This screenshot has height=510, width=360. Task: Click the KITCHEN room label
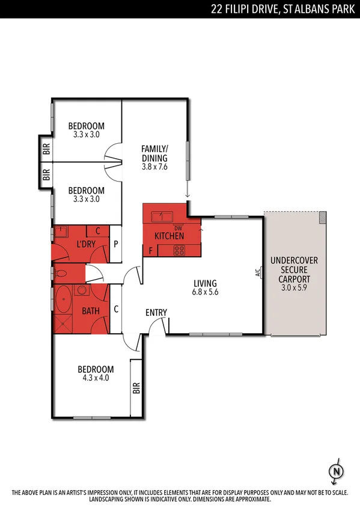(x=169, y=236)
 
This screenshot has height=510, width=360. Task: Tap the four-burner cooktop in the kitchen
(x=178, y=251)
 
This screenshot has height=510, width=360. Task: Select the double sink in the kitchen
(x=162, y=216)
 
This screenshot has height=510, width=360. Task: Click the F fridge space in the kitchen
(x=150, y=250)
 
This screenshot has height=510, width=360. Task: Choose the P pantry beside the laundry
(x=116, y=244)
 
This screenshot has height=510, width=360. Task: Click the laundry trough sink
(x=63, y=232)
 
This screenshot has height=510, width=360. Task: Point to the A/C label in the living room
(x=257, y=272)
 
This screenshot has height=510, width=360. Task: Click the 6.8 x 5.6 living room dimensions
(x=205, y=293)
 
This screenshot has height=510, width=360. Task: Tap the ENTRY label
(x=156, y=313)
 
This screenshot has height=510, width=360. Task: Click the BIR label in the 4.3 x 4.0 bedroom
(x=136, y=388)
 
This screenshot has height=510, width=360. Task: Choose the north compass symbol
(x=337, y=472)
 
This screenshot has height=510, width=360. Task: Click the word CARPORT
(x=294, y=280)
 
